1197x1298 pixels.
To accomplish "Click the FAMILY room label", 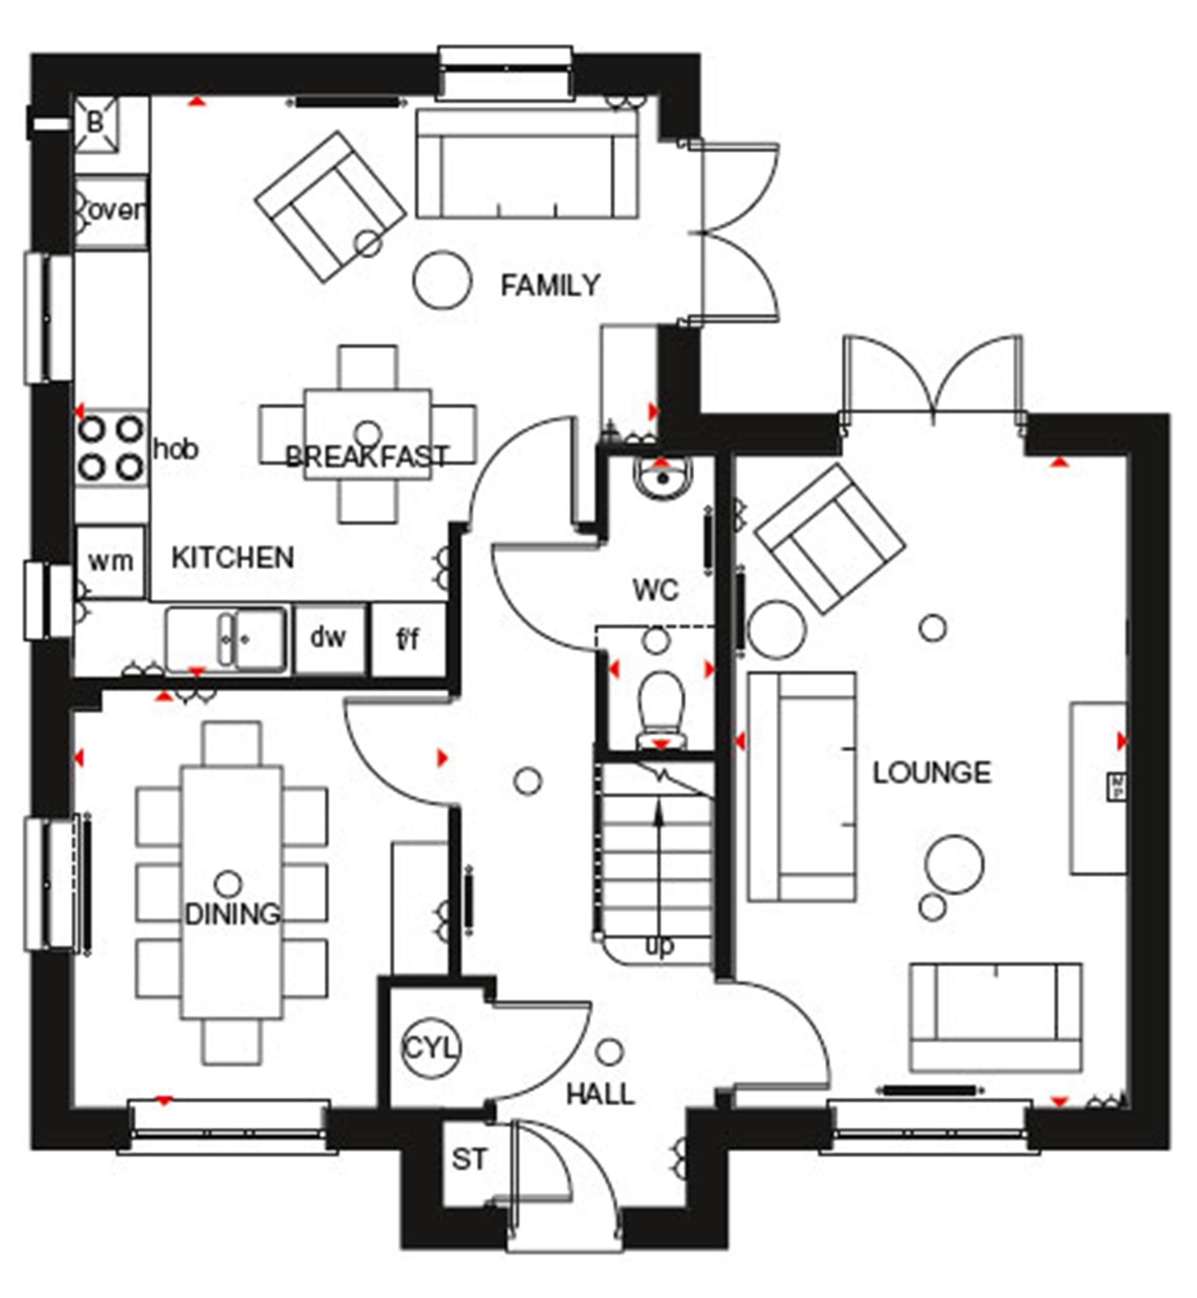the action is pos(551,285).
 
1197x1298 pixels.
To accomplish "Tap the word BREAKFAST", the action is pos(367,457).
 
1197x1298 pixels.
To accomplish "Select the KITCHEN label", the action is pos(233,557).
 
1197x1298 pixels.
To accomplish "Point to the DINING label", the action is pos(233,914).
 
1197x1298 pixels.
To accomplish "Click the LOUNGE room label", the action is pos(931,772).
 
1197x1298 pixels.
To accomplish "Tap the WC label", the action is pos(655,590).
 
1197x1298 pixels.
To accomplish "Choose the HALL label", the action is pos(600,1094).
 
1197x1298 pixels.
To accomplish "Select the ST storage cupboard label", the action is pos(469,1159).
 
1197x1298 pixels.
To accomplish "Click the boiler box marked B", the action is pos(96,123).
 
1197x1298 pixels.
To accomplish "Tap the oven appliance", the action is pos(111,211).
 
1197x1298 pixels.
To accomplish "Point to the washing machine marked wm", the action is pos(110,561).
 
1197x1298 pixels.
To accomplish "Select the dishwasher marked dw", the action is pos(329,638).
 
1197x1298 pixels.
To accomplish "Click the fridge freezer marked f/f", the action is pos(408,639).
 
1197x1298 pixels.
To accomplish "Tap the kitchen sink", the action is pos(227,639).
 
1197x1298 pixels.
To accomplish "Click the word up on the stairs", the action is pos(660,947).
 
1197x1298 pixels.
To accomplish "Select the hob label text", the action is pos(175,448).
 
